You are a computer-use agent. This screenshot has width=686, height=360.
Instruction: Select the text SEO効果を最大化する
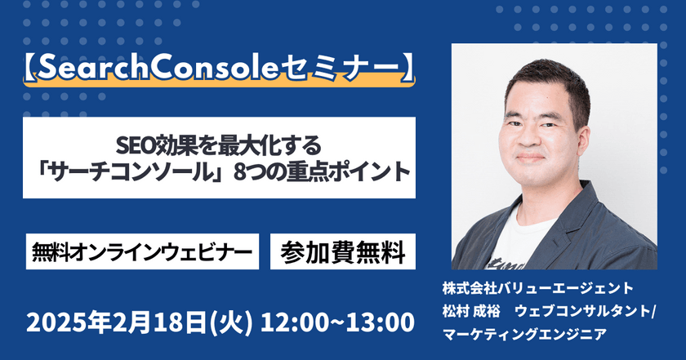tap(219, 147)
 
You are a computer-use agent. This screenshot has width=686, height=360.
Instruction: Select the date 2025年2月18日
tap(119, 321)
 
